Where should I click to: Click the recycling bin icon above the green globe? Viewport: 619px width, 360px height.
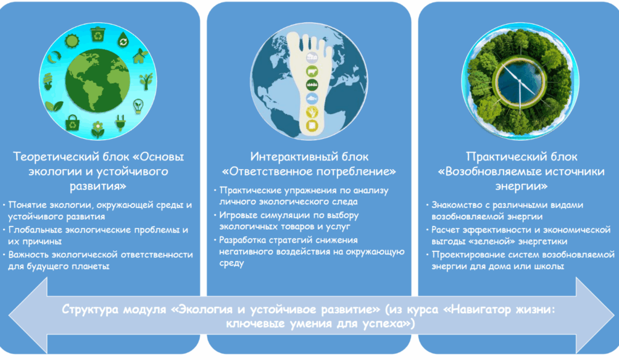pyautogui.click(x=97, y=34)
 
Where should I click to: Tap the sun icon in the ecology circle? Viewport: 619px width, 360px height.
pyautogui.click(x=72, y=41)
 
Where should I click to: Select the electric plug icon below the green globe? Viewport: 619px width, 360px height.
pyautogui.click(x=120, y=122)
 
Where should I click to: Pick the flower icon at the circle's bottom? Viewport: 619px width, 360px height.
pyautogui.click(x=97, y=129)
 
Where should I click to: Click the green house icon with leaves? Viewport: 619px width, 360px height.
pyautogui.click(x=140, y=56)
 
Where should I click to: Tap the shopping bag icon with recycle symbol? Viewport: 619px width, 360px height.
pyautogui.click(x=73, y=123)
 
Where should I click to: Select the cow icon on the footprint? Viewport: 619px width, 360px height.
pyautogui.click(x=312, y=72)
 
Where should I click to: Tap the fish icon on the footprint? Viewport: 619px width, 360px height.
pyautogui.click(x=312, y=98)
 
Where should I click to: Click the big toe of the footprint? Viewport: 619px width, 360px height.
pyautogui.click(x=294, y=44)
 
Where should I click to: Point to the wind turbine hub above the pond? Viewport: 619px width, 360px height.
pyautogui.click(x=519, y=82)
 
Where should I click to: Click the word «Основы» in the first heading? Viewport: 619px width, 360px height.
pyautogui.click(x=162, y=157)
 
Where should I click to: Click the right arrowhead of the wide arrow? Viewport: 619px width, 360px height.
pyautogui.click(x=594, y=315)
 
